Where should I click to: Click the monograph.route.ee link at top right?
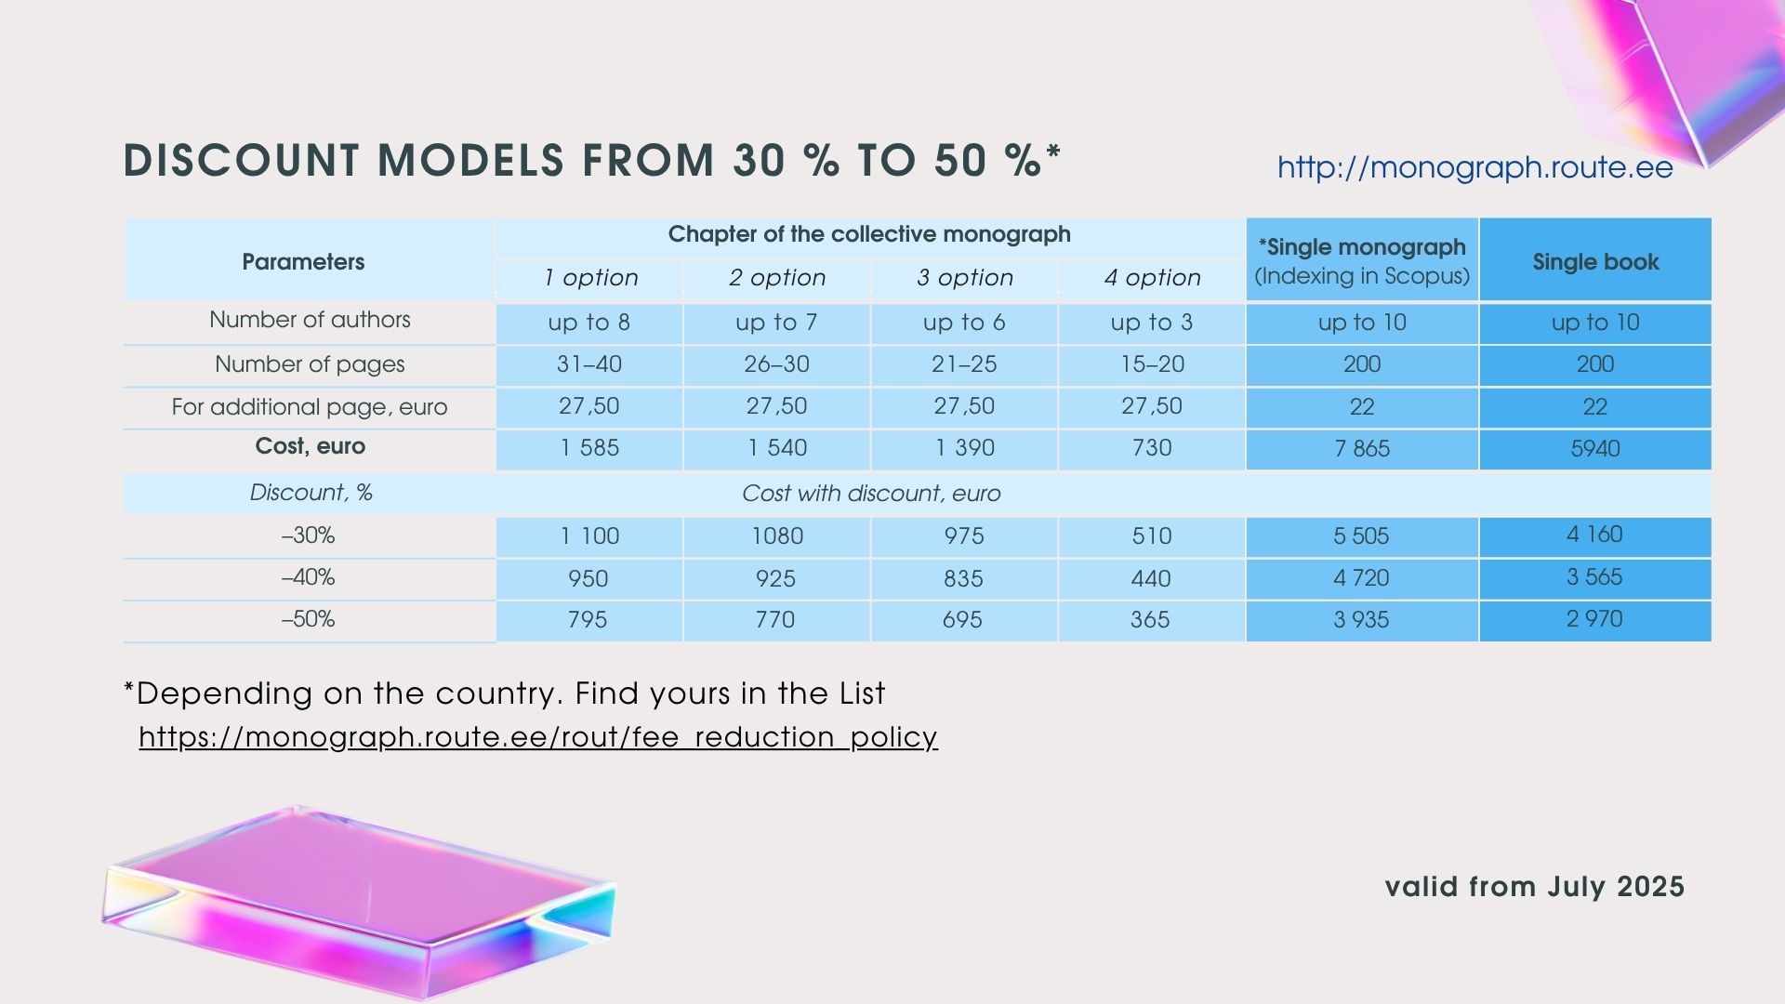1474,167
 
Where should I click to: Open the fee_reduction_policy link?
538,736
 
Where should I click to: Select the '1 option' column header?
591,277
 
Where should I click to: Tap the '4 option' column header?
1153,277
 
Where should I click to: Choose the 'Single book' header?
1595,262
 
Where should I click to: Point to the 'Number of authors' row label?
310,320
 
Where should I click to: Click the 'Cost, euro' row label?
311,446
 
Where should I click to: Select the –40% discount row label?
308,577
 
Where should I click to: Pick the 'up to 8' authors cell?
589,323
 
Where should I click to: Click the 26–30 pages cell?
776,364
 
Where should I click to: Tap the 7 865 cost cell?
1362,448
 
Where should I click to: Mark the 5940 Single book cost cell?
1595,448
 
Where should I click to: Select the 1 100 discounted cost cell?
589,536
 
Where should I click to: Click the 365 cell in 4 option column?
1150,620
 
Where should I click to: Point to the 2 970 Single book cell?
1594,619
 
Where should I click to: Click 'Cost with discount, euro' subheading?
871,494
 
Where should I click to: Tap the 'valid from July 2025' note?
1535,887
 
